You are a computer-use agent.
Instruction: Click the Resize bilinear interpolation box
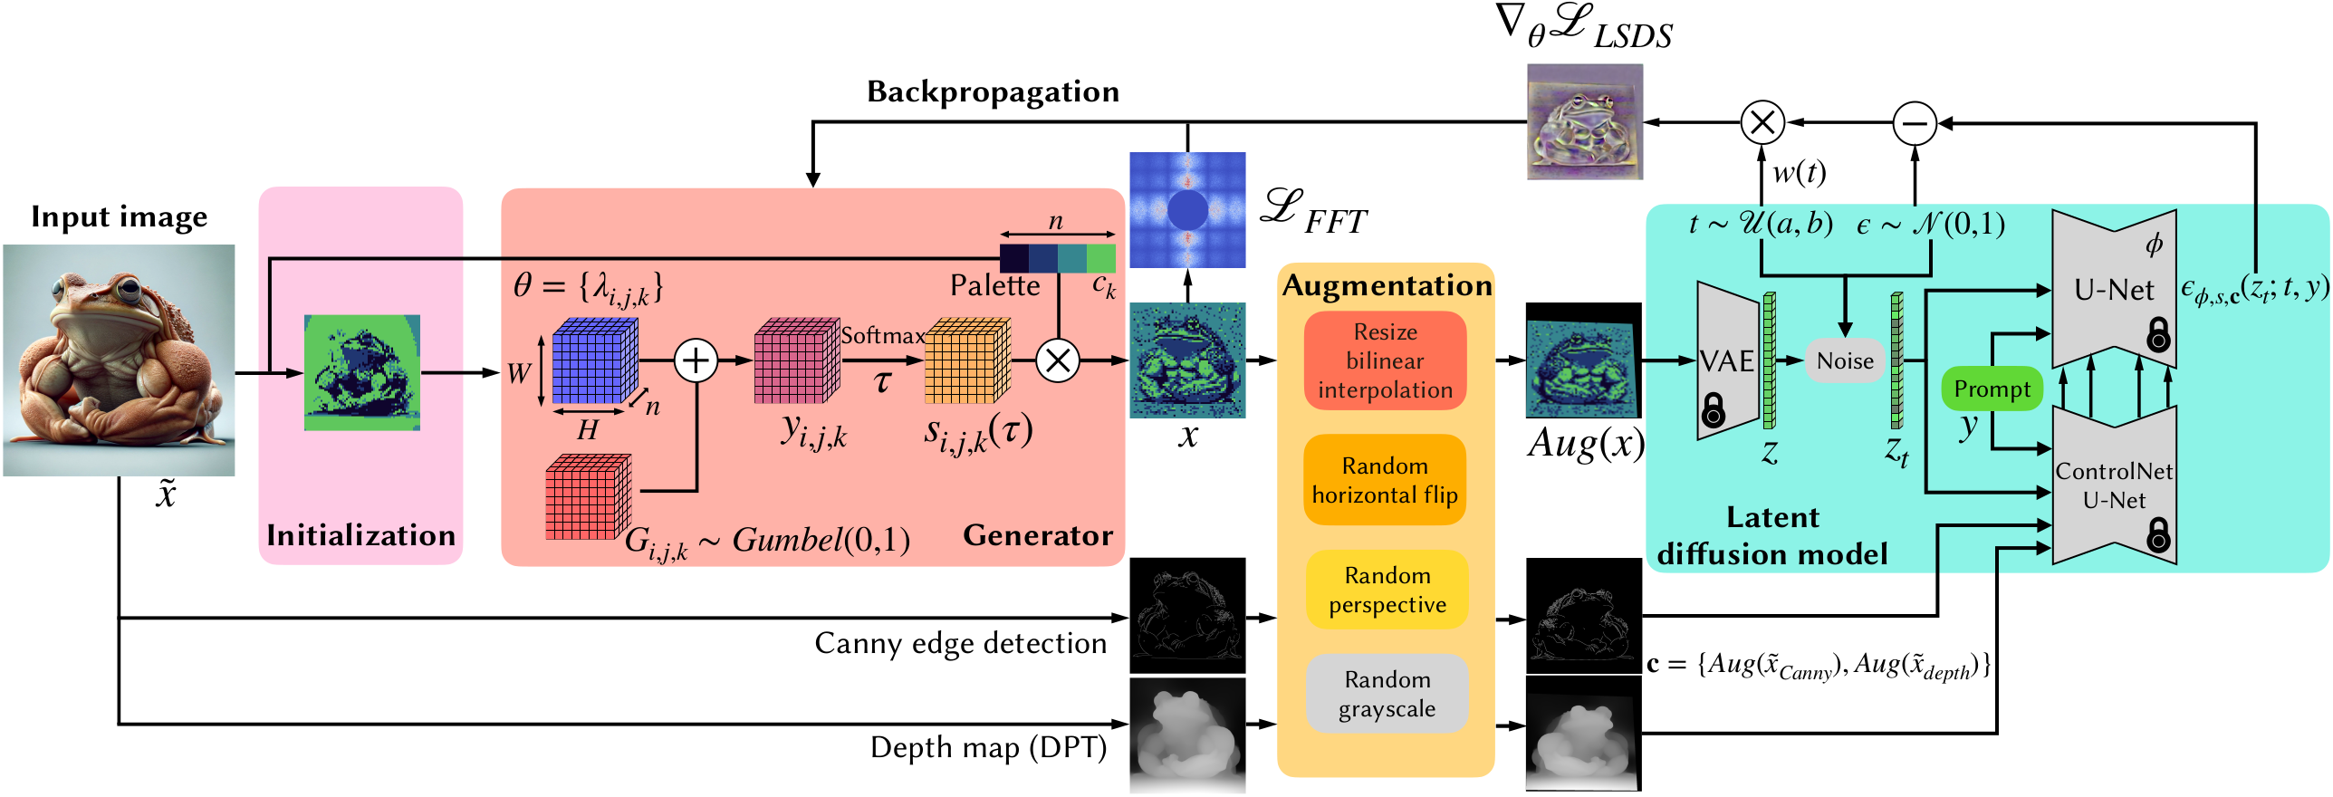click(1385, 360)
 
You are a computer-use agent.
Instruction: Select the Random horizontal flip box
click(1385, 480)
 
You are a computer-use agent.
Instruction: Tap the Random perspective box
click(1387, 590)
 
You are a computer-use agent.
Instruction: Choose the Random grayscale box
click(1387, 694)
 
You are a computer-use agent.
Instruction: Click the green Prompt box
click(1992, 389)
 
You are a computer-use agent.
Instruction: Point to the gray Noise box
click(1845, 360)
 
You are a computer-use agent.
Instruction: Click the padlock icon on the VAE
click(1713, 409)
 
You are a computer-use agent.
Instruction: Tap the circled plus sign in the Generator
click(696, 360)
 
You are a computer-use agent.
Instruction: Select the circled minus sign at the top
click(1915, 123)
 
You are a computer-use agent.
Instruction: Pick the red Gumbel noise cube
click(587, 498)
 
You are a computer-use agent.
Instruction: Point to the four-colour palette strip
click(1057, 258)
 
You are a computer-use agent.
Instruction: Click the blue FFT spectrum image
click(1187, 210)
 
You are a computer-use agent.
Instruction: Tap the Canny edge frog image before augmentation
click(1187, 616)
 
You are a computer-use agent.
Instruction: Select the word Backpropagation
click(993, 91)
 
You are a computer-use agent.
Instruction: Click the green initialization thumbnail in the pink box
click(361, 372)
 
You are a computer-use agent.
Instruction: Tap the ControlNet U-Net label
click(2113, 485)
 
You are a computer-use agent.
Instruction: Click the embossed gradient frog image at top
click(1584, 121)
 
